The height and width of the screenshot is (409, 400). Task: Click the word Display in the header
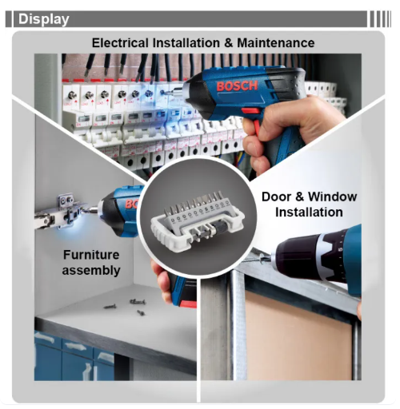44,18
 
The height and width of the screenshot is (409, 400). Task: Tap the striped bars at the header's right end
379,18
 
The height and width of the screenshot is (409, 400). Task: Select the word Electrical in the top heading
123,42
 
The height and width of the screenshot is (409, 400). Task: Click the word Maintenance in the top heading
271,42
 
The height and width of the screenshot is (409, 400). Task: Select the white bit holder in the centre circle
199,220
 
